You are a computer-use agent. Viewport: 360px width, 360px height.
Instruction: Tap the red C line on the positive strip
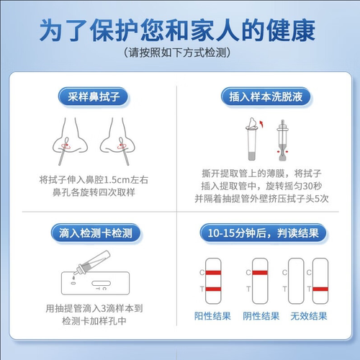[x=215, y=272]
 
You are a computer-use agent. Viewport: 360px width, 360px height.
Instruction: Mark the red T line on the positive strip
[x=215, y=289]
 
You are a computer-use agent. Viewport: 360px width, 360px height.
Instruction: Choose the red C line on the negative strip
[x=257, y=272]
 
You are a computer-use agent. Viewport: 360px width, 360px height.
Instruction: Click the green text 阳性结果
[x=212, y=317]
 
